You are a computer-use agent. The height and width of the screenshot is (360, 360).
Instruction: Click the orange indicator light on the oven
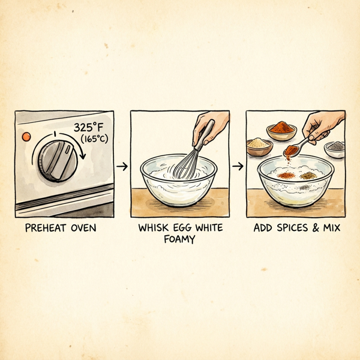[x=26, y=137]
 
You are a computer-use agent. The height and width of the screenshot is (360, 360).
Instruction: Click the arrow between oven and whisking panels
[x=122, y=166]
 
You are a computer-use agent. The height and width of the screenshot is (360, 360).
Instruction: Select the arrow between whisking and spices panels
[x=238, y=166]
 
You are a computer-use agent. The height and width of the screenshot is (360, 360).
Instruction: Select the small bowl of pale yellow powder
[x=259, y=146]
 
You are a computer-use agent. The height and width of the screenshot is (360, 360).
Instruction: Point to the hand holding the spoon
[x=322, y=126]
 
